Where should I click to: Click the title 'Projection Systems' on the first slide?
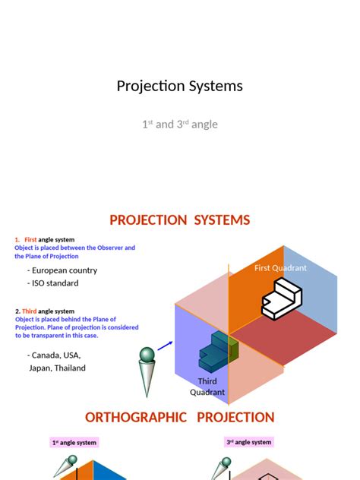179,86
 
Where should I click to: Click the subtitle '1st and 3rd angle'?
179,124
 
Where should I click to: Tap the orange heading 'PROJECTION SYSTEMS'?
179,220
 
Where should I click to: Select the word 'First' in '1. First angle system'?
30,240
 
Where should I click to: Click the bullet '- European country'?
62,270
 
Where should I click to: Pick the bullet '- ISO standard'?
53,283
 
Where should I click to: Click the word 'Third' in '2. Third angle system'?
29,311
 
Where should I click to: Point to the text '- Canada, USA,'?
54,355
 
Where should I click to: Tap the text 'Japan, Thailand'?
57,368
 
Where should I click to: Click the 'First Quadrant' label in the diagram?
280,268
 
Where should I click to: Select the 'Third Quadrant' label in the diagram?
207,387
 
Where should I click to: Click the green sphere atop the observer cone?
146,355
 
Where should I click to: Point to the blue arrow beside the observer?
165,346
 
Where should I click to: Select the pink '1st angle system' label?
75,442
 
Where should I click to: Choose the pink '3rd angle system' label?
248,442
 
